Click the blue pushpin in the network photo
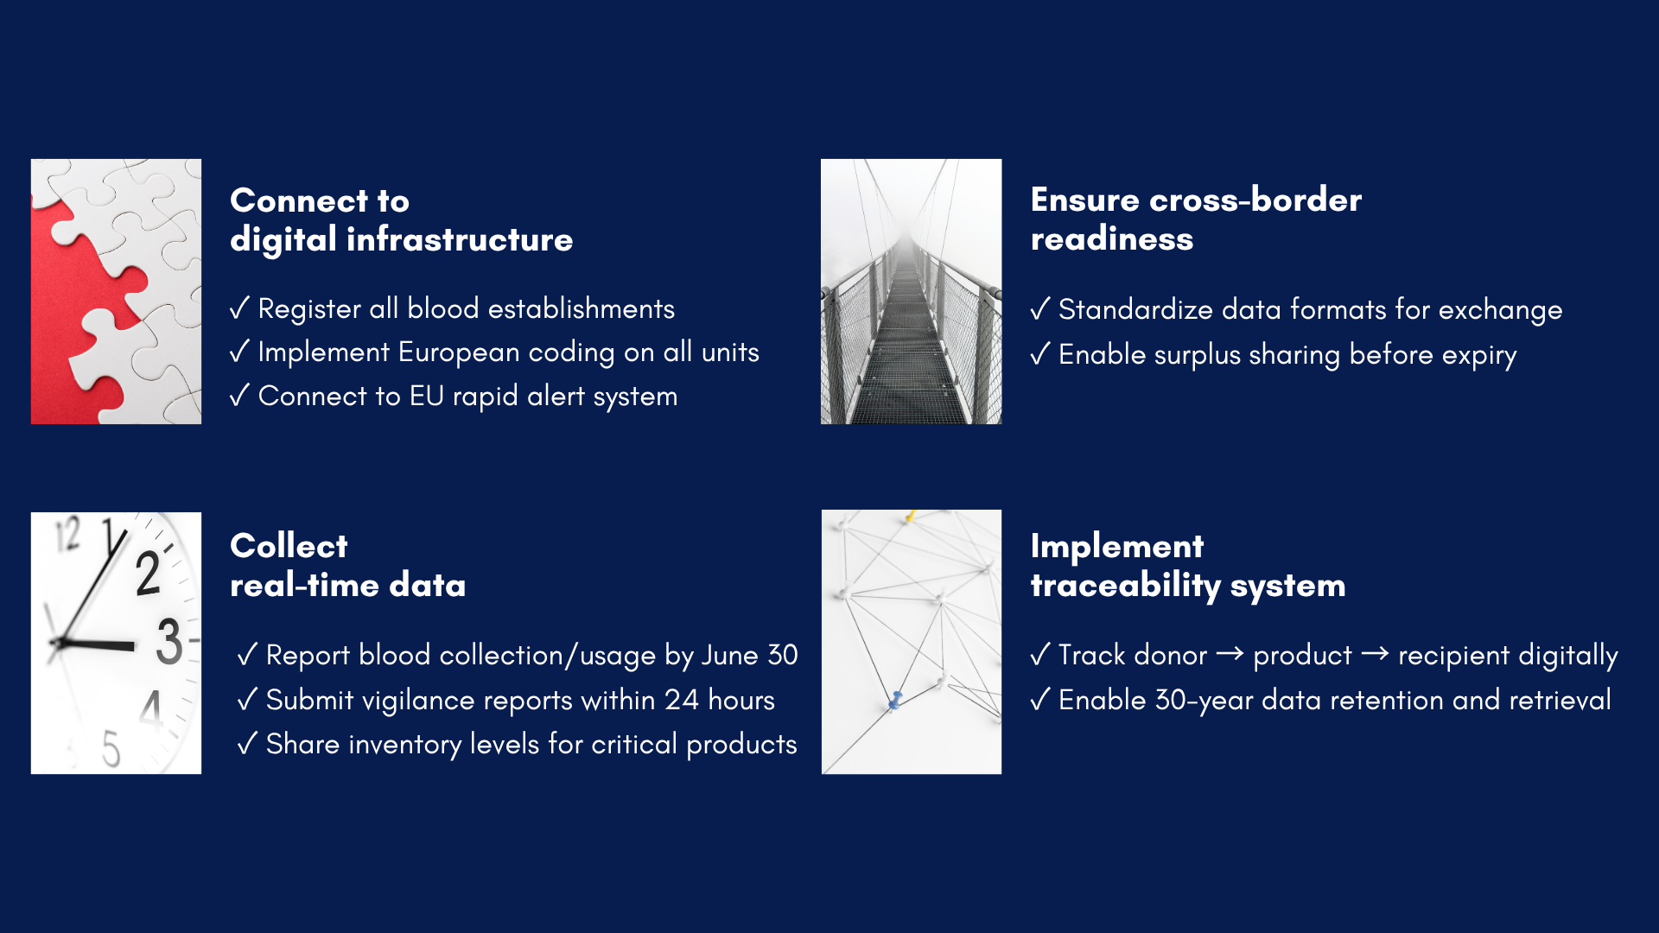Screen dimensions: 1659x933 pyautogui.click(x=896, y=700)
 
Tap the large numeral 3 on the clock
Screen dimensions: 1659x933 pyautogui.click(x=169, y=641)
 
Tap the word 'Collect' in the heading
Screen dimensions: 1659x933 pyautogui.click(x=289, y=546)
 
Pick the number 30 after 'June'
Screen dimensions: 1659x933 pyautogui.click(x=783, y=655)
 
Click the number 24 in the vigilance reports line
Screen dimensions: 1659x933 pyautogui.click(x=682, y=700)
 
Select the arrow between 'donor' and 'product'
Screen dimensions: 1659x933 pyautogui.click(x=1230, y=654)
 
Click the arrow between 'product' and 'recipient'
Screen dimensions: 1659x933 pyautogui.click(x=1375, y=654)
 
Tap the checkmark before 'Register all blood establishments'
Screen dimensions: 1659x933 pyautogui.click(x=239, y=308)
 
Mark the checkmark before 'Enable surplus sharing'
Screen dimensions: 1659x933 pyautogui.click(x=1040, y=353)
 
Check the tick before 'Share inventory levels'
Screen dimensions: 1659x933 pyautogui.click(x=247, y=743)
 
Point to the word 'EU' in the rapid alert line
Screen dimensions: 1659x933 pyautogui.click(x=427, y=396)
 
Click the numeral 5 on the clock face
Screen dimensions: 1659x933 pyautogui.click(x=111, y=748)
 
